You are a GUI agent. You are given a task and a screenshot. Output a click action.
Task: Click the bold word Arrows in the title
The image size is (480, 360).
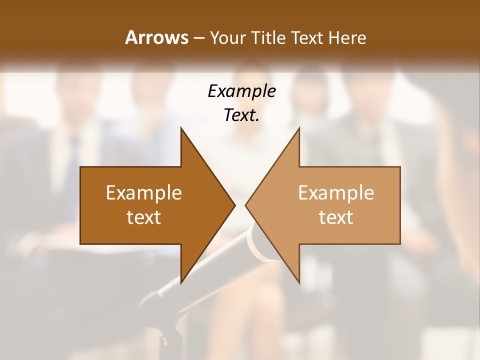[156, 37]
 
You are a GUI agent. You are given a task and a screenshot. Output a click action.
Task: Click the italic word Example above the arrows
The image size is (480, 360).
[241, 91]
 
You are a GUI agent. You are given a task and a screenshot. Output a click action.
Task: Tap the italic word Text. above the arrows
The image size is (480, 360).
[241, 115]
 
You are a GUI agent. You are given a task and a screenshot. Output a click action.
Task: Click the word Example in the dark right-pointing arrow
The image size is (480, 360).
[144, 192]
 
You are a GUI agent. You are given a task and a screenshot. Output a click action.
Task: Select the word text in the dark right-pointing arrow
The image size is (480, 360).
[144, 217]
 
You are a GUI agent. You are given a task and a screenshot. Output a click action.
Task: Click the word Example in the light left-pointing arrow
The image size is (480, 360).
[336, 192]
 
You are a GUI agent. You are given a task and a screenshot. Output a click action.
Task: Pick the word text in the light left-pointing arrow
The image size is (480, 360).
[336, 217]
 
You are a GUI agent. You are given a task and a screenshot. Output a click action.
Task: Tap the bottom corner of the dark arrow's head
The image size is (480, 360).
[181, 282]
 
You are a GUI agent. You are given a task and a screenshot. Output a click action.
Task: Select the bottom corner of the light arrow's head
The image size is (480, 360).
[299, 282]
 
